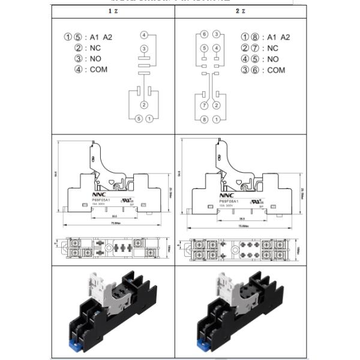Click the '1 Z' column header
point(112,11)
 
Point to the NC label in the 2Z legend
point(273,48)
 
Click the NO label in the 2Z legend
point(273,59)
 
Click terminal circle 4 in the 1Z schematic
point(144,35)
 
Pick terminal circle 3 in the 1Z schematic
point(144,49)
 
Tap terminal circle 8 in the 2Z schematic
point(204,119)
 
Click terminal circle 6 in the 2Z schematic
point(204,35)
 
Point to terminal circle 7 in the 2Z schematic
point(204,106)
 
